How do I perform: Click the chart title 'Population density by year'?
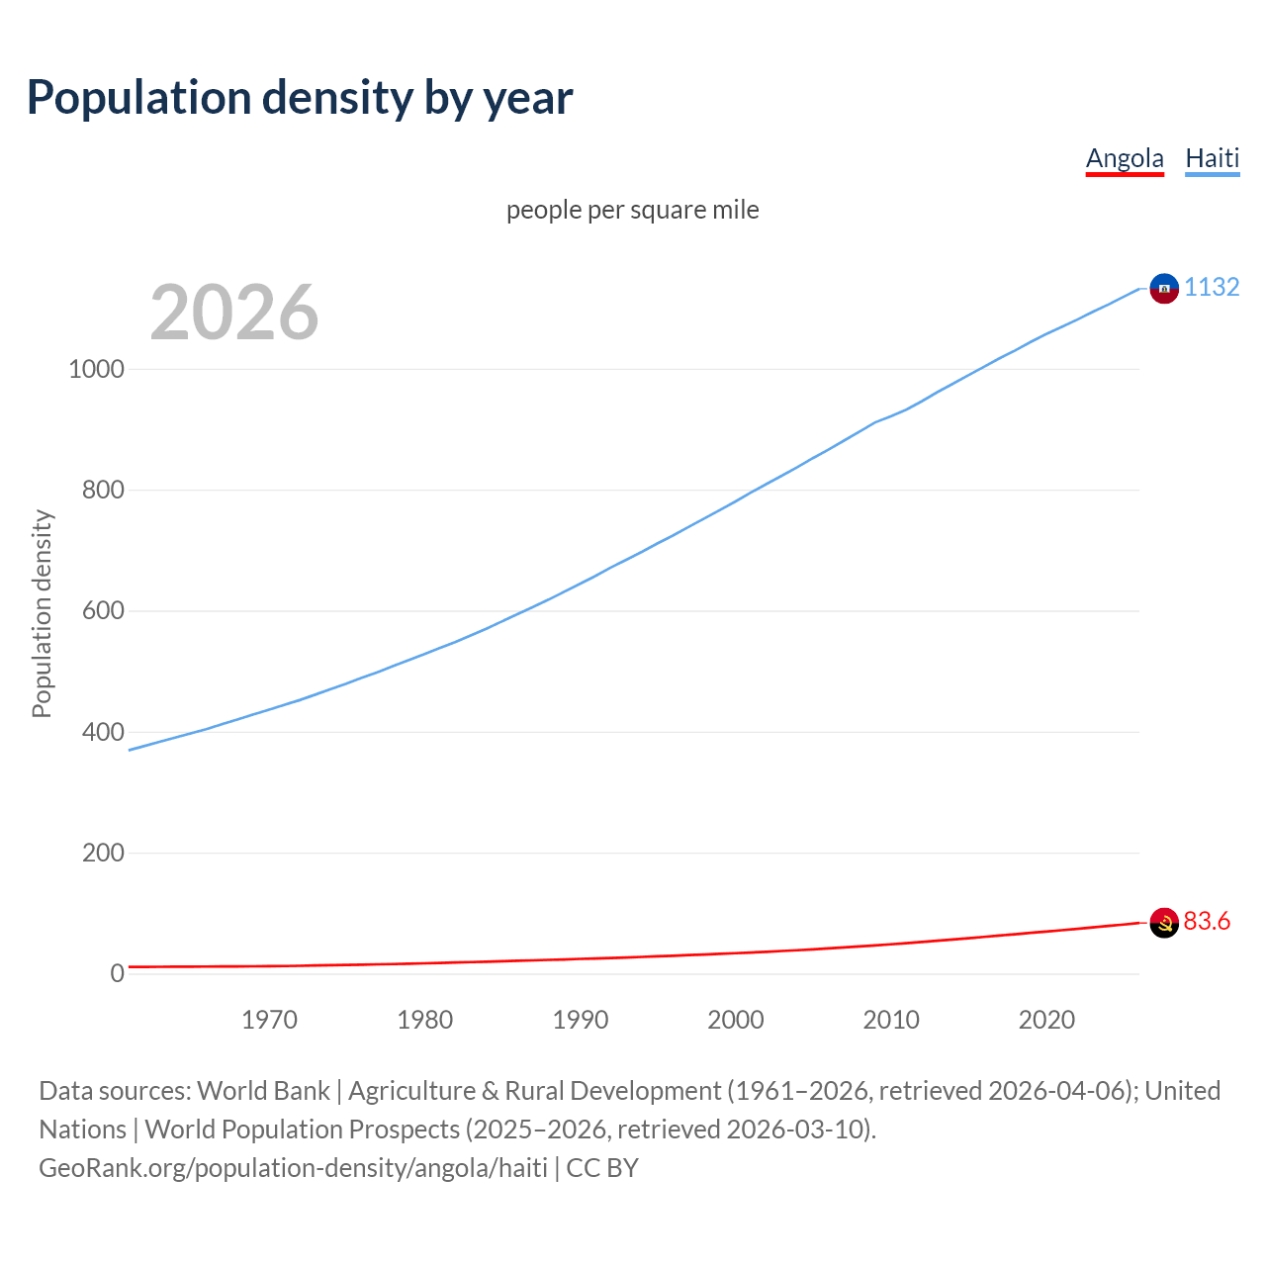[x=300, y=98]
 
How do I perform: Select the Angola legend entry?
[x=1125, y=158]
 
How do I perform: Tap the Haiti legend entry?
[x=1212, y=158]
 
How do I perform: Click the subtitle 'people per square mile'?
[x=632, y=210]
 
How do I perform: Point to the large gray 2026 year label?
[x=234, y=313]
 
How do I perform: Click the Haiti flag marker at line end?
[x=1164, y=288]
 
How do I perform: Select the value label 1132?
[x=1212, y=287]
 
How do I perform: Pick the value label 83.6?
[x=1207, y=921]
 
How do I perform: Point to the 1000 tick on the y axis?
[x=96, y=369]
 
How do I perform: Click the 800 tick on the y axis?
[x=103, y=490]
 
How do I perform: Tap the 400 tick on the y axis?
[x=103, y=732]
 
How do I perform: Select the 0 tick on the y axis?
[x=118, y=973]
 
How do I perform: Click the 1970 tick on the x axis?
[x=269, y=1020]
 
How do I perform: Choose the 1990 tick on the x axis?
[x=581, y=1020]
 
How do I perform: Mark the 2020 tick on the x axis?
[x=1046, y=1020]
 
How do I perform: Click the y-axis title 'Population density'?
[x=42, y=613]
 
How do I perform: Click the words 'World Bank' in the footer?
[x=263, y=1091]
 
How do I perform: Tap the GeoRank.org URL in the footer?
[x=293, y=1168]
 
